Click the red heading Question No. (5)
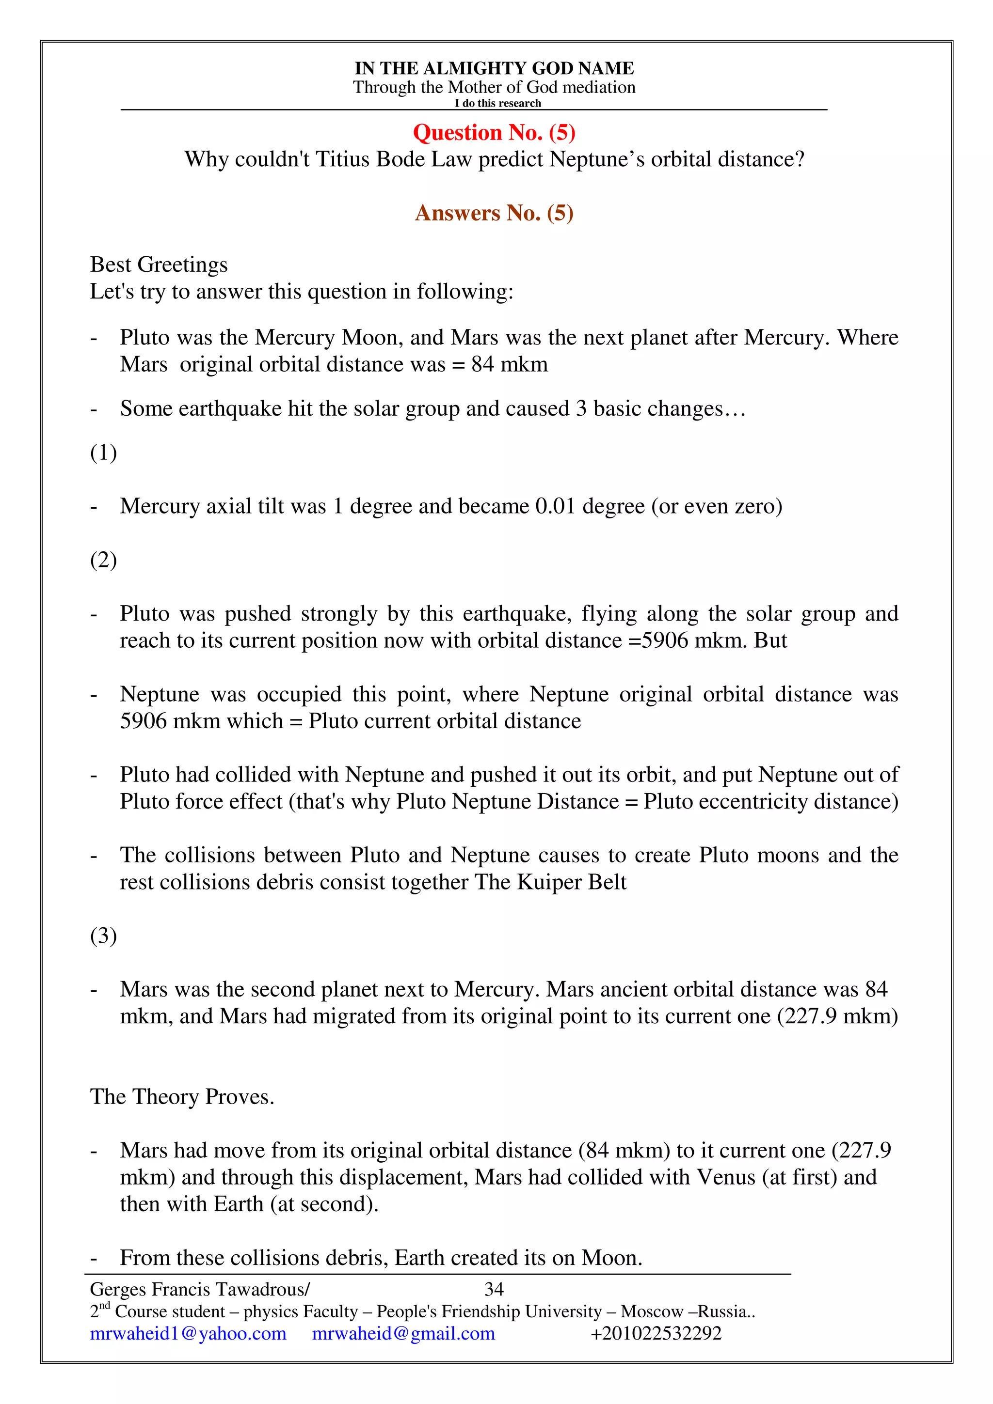coord(494,132)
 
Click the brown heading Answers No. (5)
coord(494,213)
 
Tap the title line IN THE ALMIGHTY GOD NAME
coord(494,68)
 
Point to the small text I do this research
coord(497,103)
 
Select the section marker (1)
coord(103,452)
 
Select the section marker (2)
coord(103,560)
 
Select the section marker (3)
coord(103,936)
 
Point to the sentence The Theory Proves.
coord(182,1096)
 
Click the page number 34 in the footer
coord(494,1290)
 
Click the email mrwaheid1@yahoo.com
coord(188,1334)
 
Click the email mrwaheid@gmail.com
coord(403,1334)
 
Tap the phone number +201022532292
coord(656,1334)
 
